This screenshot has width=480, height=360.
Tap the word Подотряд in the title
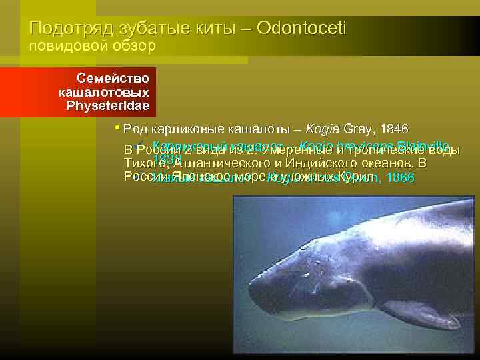(66, 29)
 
